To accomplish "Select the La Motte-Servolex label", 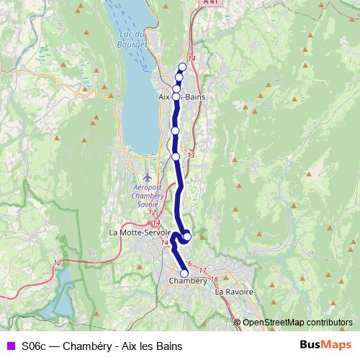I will click(139, 233).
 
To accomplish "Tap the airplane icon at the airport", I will click(148, 176).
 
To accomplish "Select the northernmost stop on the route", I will click(182, 67).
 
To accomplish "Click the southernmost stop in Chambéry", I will click(184, 274).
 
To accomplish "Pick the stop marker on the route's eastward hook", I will click(187, 236).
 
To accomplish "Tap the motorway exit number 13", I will click(190, 155).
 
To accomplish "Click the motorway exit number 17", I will click(203, 270).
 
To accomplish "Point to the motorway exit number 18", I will click(214, 279).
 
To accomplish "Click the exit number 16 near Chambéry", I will click(189, 264).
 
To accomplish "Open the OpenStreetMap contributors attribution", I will click(297, 322).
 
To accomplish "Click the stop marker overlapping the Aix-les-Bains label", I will click(176, 96).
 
